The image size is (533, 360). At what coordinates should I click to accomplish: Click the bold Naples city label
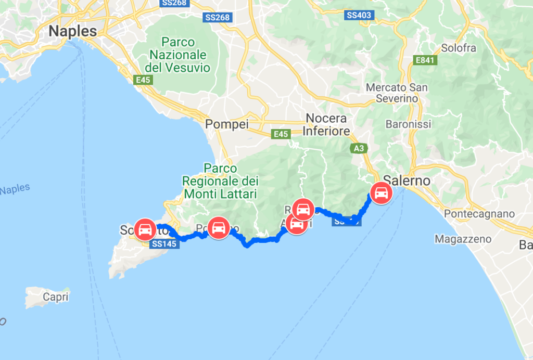(72, 31)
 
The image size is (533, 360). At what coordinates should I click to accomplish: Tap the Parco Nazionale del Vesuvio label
(178, 55)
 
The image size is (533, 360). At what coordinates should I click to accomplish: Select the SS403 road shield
(359, 15)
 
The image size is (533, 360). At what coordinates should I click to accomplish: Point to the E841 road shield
(424, 60)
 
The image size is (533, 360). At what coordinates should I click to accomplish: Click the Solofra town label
(458, 48)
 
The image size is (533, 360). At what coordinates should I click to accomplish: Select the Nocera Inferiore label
(326, 125)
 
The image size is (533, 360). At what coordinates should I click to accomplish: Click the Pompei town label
(227, 124)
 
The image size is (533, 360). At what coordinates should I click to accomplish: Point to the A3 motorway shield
(359, 149)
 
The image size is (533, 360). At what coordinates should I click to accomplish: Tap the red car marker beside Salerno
(381, 194)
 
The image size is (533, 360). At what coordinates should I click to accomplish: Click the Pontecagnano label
(479, 214)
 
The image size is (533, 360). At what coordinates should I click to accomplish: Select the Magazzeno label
(463, 239)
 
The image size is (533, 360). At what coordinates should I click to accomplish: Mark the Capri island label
(56, 298)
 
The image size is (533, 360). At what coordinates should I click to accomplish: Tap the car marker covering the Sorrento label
(145, 228)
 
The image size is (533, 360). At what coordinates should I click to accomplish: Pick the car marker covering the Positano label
(218, 228)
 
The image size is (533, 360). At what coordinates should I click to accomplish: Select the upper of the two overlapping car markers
(303, 209)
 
